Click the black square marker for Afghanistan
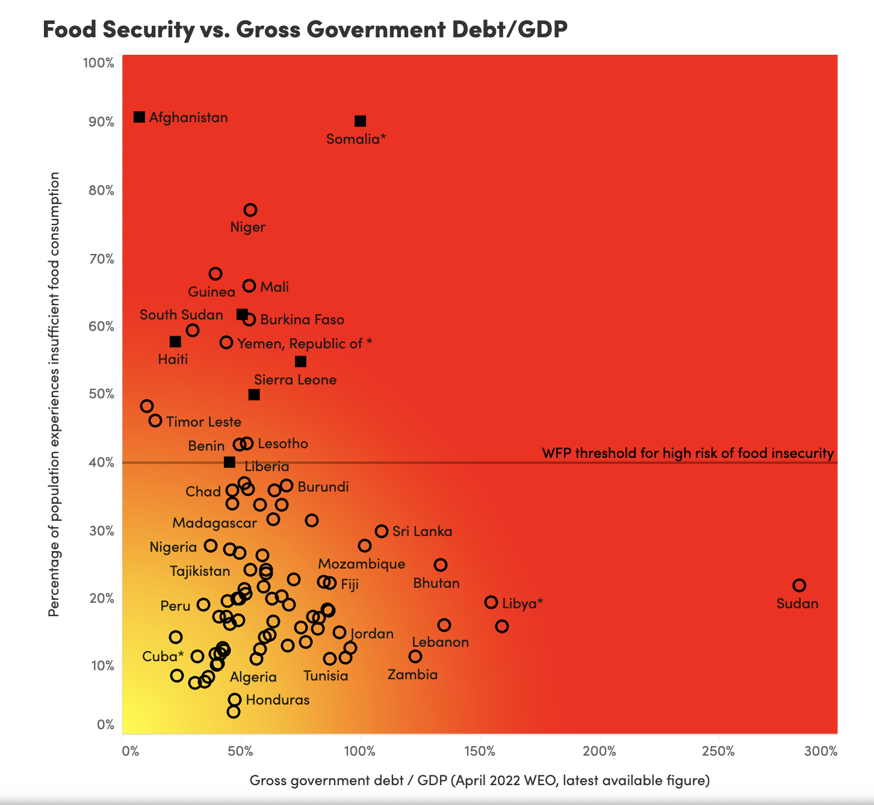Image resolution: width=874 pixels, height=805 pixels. coord(139,117)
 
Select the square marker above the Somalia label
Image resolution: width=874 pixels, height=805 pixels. coord(360,121)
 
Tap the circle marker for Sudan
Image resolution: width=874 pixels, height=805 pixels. coord(799,585)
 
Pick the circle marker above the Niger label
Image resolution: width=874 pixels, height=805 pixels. coord(250,210)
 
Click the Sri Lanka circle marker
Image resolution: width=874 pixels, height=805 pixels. coord(382,531)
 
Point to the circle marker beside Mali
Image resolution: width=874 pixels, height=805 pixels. coord(249,286)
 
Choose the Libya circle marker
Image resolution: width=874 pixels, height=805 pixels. coord(491,602)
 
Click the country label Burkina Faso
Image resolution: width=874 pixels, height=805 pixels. coord(302,319)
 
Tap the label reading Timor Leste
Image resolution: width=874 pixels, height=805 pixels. coord(203,422)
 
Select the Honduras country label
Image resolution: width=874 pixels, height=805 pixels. coord(277,700)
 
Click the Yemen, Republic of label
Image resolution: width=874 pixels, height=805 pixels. coord(305,344)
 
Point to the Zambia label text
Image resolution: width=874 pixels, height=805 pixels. coord(412,674)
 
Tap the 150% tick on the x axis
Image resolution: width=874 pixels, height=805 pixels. coord(480,751)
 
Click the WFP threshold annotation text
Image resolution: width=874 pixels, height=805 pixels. coord(688,453)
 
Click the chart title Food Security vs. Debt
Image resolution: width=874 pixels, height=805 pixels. coord(305,29)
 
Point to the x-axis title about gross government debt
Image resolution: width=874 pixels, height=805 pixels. coord(480,780)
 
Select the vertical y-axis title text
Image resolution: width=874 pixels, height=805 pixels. coord(54,394)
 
